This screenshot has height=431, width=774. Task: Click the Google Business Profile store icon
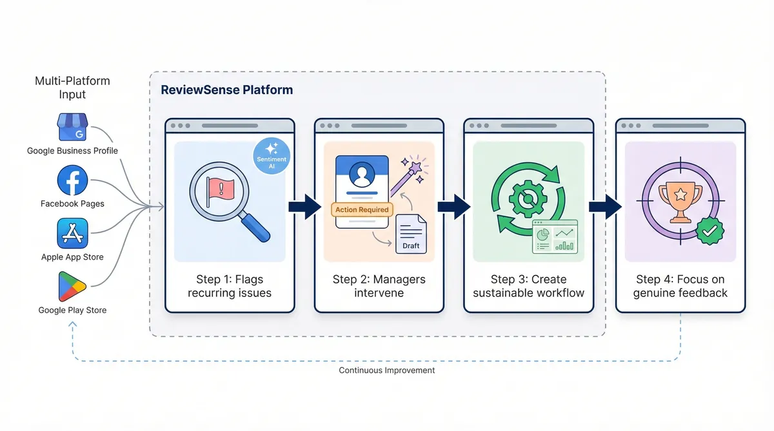[72, 128]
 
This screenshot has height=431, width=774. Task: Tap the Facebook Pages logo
[72, 180]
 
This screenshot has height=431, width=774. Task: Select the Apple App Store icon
[72, 234]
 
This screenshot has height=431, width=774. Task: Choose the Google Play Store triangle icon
[72, 287]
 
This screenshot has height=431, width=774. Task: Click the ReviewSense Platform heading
[226, 90]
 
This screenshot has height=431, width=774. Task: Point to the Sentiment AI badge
[272, 156]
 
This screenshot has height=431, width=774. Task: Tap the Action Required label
[362, 209]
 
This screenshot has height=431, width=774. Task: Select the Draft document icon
[411, 234]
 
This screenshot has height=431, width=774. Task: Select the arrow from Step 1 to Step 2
[304, 207]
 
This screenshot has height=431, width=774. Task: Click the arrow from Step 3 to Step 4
[604, 207]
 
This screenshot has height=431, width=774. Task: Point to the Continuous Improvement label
[387, 370]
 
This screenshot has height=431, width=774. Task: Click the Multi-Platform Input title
[72, 88]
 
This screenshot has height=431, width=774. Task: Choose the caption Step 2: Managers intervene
[379, 286]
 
